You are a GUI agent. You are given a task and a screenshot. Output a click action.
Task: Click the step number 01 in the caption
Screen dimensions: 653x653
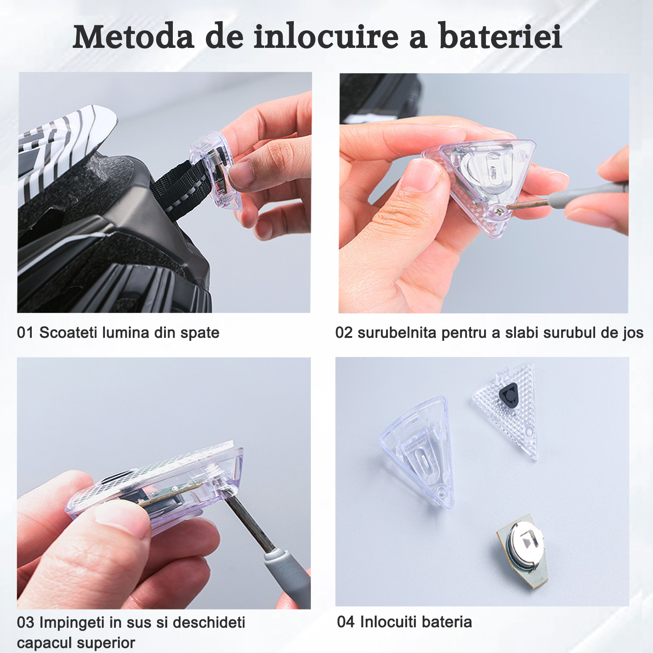click(25, 333)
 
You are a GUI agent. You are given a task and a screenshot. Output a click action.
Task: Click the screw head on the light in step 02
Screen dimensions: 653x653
click(500, 212)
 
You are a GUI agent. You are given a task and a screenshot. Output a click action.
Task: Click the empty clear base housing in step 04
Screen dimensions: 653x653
click(418, 453)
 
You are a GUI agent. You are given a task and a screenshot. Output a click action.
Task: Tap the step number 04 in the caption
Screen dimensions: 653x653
click(346, 622)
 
